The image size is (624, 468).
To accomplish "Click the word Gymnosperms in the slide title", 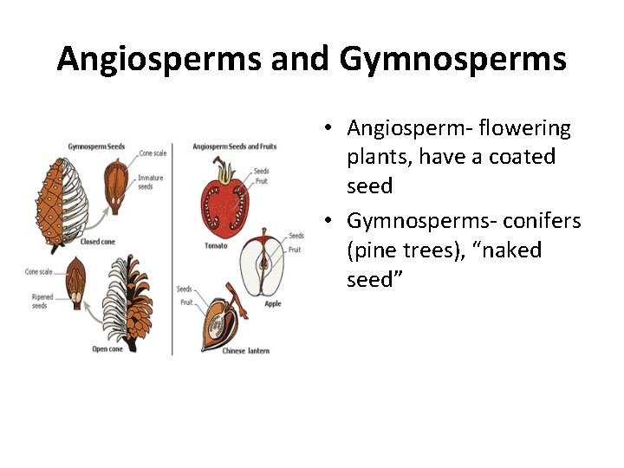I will [453, 59].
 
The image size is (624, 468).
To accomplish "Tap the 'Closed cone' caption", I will [96, 242].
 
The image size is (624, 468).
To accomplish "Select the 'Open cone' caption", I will [108, 349].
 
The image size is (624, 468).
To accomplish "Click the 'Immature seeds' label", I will [150, 183].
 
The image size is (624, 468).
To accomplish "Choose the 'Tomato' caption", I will [216, 245].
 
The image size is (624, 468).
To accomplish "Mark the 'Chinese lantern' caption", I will [246, 350].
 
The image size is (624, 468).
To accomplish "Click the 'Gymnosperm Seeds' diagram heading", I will [96, 146].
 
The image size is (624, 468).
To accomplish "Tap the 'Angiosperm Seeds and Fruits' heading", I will [234, 146].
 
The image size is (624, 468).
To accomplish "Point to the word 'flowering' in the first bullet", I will [528, 128].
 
